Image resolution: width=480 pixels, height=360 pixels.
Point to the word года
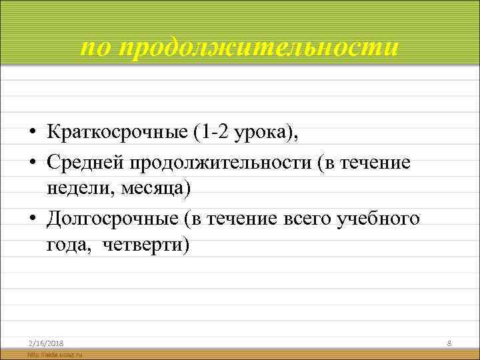[x=65, y=245]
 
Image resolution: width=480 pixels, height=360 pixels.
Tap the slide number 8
[x=449, y=343]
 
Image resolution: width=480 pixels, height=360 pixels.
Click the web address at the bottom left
[x=53, y=355]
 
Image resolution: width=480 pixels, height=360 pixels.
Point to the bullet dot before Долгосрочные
[x=32, y=219]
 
